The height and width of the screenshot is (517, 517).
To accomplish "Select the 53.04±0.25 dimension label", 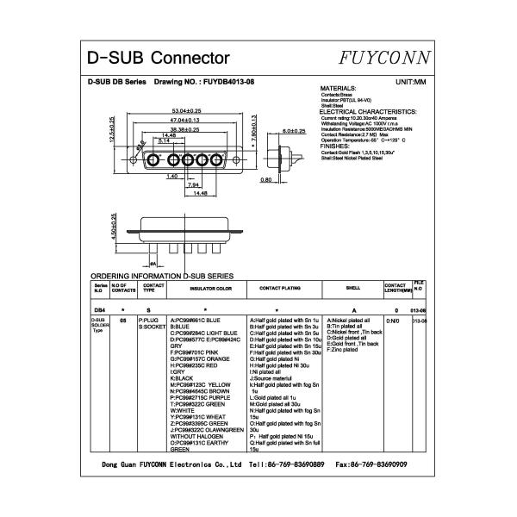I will tap(186, 112).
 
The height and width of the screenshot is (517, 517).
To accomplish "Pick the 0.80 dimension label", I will tap(266, 180).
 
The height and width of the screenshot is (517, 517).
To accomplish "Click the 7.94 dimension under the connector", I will tap(193, 184).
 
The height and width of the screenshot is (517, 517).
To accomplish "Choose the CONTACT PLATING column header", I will tap(279, 288).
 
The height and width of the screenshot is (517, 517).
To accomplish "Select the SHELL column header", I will tap(352, 288).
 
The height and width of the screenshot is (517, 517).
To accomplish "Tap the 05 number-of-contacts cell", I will tap(123, 320).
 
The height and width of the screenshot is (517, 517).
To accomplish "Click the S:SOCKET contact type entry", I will tap(152, 327).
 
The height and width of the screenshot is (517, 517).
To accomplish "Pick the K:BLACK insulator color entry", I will tap(182, 377).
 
